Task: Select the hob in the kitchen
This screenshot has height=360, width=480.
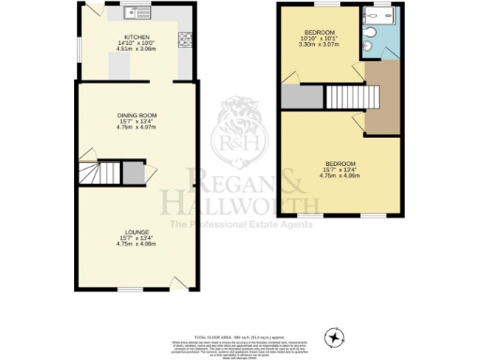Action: point(184,39)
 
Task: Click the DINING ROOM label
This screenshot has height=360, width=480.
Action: point(137,118)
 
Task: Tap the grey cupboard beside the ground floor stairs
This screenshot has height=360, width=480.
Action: point(134,174)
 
